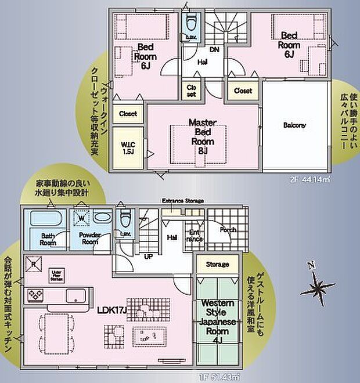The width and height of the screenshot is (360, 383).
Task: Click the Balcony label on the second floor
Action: (294, 125)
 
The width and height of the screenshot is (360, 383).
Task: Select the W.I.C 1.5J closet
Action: (128, 148)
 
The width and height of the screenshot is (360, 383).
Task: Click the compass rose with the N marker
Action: (317, 286)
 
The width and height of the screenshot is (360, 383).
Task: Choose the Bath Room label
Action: (48, 239)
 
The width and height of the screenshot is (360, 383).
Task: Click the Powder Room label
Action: (90, 239)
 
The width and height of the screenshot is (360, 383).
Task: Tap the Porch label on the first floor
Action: (228, 230)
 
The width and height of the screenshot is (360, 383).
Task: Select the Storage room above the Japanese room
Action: (217, 265)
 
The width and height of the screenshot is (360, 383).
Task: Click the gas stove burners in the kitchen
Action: (35, 295)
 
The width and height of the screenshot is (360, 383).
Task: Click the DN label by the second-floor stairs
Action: (213, 49)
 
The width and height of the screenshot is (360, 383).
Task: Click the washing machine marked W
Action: (81, 219)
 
